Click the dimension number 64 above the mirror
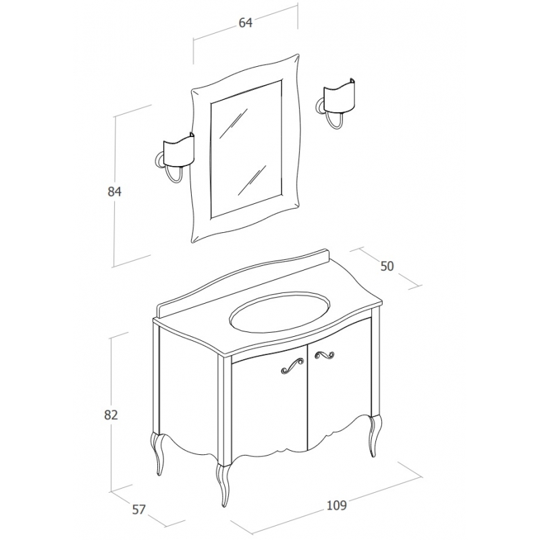246,23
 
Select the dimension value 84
115,192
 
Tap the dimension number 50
387,266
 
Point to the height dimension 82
111,414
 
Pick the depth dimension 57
138,510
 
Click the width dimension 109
336,505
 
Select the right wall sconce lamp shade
340,94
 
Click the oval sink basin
279,312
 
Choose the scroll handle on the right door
325,355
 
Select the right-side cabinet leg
375,435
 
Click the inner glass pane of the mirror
246,149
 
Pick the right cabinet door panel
340,381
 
